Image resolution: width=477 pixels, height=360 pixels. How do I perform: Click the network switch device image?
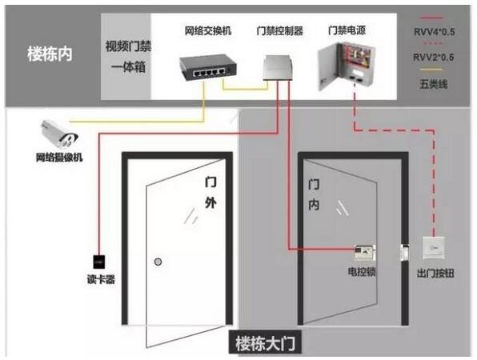208,67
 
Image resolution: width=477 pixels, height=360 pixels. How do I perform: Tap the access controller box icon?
278,67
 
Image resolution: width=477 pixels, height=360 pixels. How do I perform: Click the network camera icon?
58,134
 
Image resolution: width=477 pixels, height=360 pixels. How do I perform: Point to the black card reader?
99,262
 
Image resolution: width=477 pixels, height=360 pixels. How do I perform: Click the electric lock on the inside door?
364,253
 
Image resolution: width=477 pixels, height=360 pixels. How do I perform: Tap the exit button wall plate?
434,248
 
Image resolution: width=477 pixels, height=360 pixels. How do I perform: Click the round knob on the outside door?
158,262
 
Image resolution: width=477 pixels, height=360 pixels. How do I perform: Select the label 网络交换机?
208,30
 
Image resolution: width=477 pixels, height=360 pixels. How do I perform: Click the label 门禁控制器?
280,30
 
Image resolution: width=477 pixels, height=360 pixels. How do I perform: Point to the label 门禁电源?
347,30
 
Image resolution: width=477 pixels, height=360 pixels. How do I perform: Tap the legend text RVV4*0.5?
434,32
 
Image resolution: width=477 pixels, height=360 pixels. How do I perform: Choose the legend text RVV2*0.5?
433,57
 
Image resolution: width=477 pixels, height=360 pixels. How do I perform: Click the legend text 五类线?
434,84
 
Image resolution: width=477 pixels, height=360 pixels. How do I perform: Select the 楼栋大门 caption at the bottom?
265,343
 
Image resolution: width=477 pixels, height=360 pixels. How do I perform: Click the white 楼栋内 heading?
50,54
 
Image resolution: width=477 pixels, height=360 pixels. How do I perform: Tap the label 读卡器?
101,279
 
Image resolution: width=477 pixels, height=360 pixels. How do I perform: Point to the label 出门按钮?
435,274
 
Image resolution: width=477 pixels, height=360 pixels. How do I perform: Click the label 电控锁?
362,271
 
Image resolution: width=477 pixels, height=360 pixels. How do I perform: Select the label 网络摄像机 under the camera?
59,157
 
